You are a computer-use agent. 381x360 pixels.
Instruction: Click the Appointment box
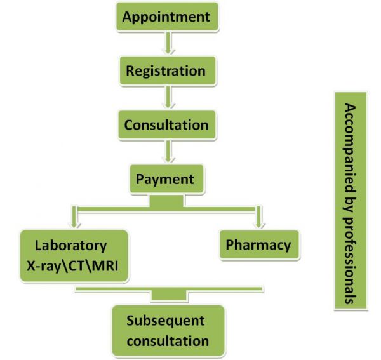coord(166,17)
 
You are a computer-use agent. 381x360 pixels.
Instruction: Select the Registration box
coord(166,71)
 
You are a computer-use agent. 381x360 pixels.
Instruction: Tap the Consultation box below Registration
coord(166,124)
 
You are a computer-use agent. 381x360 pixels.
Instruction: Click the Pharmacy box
coord(258,244)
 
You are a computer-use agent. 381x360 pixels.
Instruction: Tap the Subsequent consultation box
coord(168,331)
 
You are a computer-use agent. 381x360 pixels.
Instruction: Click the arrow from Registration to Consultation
coord(168,97)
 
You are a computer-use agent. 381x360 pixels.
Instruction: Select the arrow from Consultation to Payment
coord(168,151)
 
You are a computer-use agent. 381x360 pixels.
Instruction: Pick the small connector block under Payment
coord(166,201)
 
